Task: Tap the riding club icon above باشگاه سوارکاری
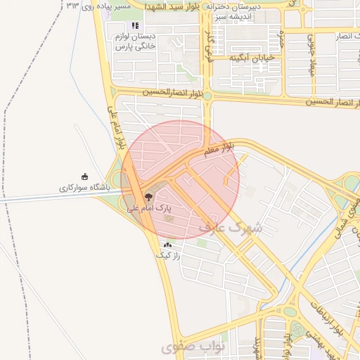click(x=85, y=177)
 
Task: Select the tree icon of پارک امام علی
click(x=148, y=197)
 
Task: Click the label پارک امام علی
click(x=148, y=209)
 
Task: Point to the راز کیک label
click(x=169, y=257)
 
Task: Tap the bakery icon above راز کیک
click(x=167, y=245)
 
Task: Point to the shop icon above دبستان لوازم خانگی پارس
click(x=135, y=25)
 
